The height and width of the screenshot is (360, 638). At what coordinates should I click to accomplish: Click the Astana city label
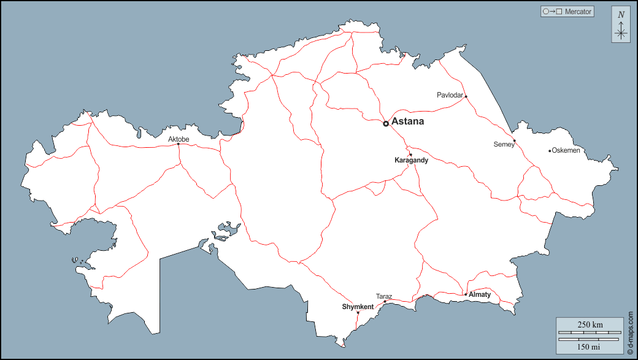tap(407, 121)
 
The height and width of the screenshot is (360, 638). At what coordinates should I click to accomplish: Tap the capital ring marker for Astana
tap(386, 123)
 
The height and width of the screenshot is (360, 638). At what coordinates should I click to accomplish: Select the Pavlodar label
tap(450, 95)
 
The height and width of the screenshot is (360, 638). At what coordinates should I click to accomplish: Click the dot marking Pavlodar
tap(466, 96)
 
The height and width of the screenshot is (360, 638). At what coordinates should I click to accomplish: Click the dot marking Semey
tap(515, 142)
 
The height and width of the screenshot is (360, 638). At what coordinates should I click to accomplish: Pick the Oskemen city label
tap(566, 150)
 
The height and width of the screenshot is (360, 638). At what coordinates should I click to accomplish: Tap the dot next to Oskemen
tap(550, 151)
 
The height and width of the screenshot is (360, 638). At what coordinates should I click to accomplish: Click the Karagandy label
tap(411, 160)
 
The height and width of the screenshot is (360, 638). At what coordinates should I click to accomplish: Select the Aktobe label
tap(179, 139)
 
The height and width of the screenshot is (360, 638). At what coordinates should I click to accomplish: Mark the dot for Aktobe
tap(179, 145)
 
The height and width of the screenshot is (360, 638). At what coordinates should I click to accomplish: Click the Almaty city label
tap(480, 294)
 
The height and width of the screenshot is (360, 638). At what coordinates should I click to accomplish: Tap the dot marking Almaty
tap(466, 294)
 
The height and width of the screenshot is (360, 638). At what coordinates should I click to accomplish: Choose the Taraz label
tap(384, 296)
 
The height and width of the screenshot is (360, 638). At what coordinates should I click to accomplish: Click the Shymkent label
tap(358, 307)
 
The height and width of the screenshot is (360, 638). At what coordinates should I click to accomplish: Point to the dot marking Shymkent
tap(358, 313)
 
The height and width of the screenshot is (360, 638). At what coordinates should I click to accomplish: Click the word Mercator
tap(578, 12)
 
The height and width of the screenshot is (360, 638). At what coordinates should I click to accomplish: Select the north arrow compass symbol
tap(621, 25)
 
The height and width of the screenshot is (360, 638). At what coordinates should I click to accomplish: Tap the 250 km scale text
tap(590, 324)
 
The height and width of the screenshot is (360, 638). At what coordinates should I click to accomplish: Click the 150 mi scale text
tap(590, 347)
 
